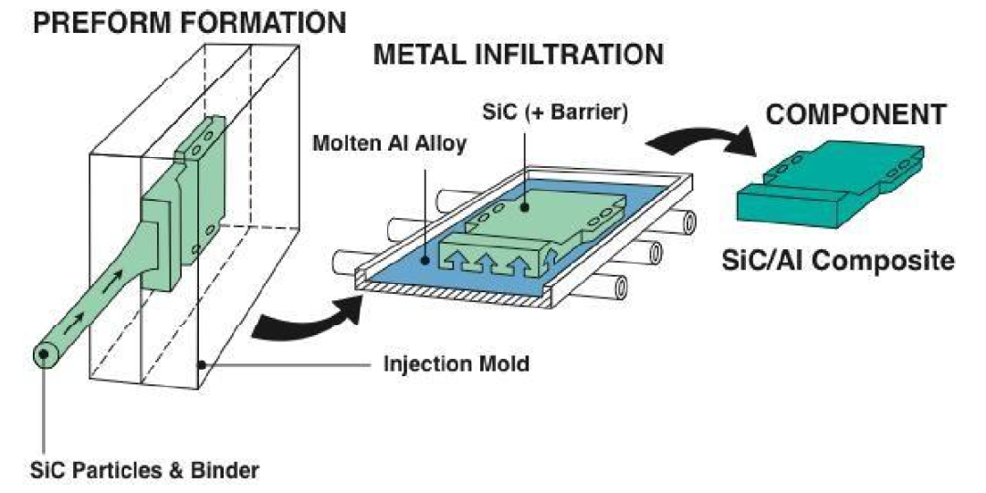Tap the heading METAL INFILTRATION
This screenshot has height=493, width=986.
coord(518,57)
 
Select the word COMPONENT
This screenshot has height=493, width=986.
coord(855,115)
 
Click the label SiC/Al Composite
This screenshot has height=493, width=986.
coord(838,260)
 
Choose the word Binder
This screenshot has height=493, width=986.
coord(228,471)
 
